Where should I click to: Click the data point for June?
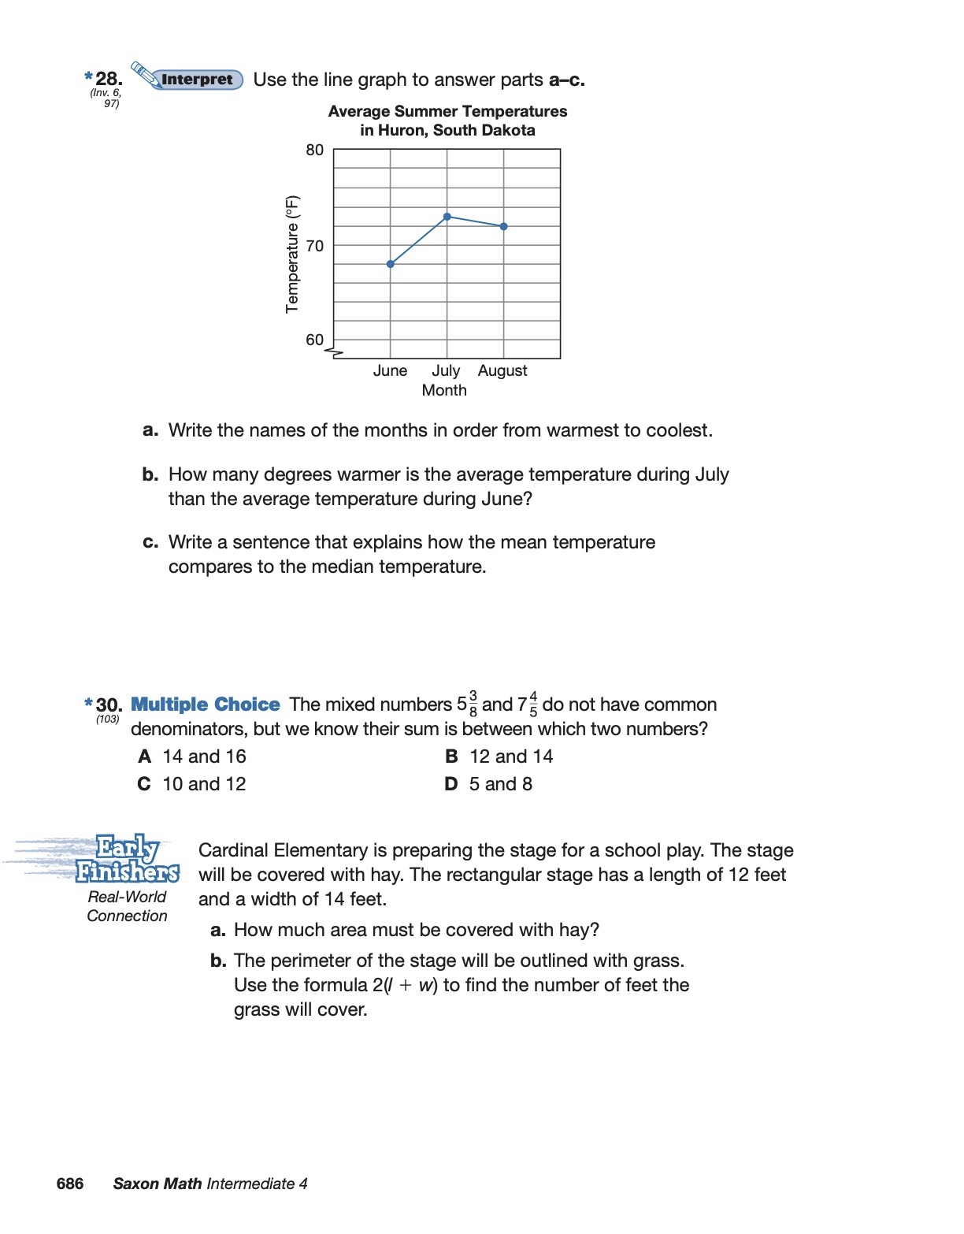coord(391,264)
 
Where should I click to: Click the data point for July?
coord(447,217)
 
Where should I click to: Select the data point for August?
coord(504,226)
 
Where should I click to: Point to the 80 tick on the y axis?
coord(315,150)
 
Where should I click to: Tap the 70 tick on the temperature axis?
coord(315,246)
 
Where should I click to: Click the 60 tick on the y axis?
coord(315,340)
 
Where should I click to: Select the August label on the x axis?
coord(502,370)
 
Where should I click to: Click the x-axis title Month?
coord(444,390)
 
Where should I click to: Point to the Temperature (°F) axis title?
coord(292,254)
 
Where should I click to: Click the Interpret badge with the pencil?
coord(189,79)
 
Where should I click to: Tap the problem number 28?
coord(109,78)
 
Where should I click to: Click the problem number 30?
coord(109,704)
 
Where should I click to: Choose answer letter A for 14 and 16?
coord(145,756)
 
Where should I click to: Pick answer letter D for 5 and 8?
coord(451,784)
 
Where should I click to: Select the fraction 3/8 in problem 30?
coord(473,704)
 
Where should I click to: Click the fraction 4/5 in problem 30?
coord(533,704)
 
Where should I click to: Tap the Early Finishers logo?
coord(126,859)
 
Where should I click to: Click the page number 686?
coord(70,1184)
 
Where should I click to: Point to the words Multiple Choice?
coord(205,704)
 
